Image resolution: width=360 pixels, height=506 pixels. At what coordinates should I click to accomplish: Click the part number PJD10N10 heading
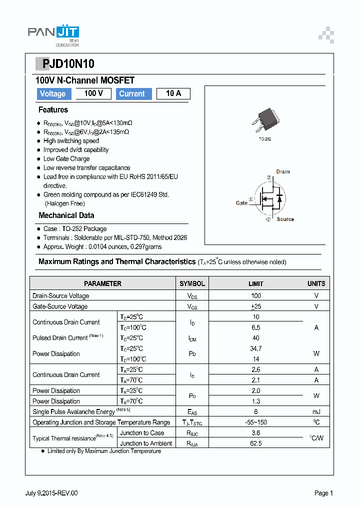(x=64, y=64)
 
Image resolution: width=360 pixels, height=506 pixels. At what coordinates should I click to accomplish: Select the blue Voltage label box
(x=53, y=94)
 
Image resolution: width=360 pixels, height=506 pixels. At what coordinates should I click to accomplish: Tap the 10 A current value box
(x=173, y=93)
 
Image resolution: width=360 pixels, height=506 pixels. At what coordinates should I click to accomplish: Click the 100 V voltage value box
(x=93, y=93)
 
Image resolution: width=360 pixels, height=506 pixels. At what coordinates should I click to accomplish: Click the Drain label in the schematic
(x=282, y=171)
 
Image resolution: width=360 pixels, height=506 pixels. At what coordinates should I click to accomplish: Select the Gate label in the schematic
(x=241, y=203)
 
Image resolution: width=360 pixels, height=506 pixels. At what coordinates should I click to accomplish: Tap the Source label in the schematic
(x=285, y=219)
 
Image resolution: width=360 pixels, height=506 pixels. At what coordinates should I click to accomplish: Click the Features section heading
(x=53, y=110)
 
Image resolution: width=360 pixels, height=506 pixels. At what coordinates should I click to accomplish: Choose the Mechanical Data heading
(x=66, y=215)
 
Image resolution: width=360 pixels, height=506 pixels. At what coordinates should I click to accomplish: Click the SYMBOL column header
(x=192, y=283)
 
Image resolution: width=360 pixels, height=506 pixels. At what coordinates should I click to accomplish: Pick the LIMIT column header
(x=255, y=283)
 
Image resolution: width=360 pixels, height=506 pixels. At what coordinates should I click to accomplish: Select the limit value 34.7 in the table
(x=255, y=348)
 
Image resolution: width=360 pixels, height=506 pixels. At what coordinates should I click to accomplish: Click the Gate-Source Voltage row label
(x=60, y=306)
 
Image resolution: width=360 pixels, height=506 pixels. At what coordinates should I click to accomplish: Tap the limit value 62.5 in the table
(x=255, y=443)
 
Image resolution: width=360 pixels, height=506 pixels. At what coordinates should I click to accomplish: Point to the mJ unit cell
(x=316, y=411)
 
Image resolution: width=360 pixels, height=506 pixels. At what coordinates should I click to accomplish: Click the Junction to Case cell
(x=142, y=433)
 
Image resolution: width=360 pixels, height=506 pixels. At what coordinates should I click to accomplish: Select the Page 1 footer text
(x=323, y=493)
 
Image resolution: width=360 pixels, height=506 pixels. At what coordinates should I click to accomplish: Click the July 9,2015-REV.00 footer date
(x=51, y=493)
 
